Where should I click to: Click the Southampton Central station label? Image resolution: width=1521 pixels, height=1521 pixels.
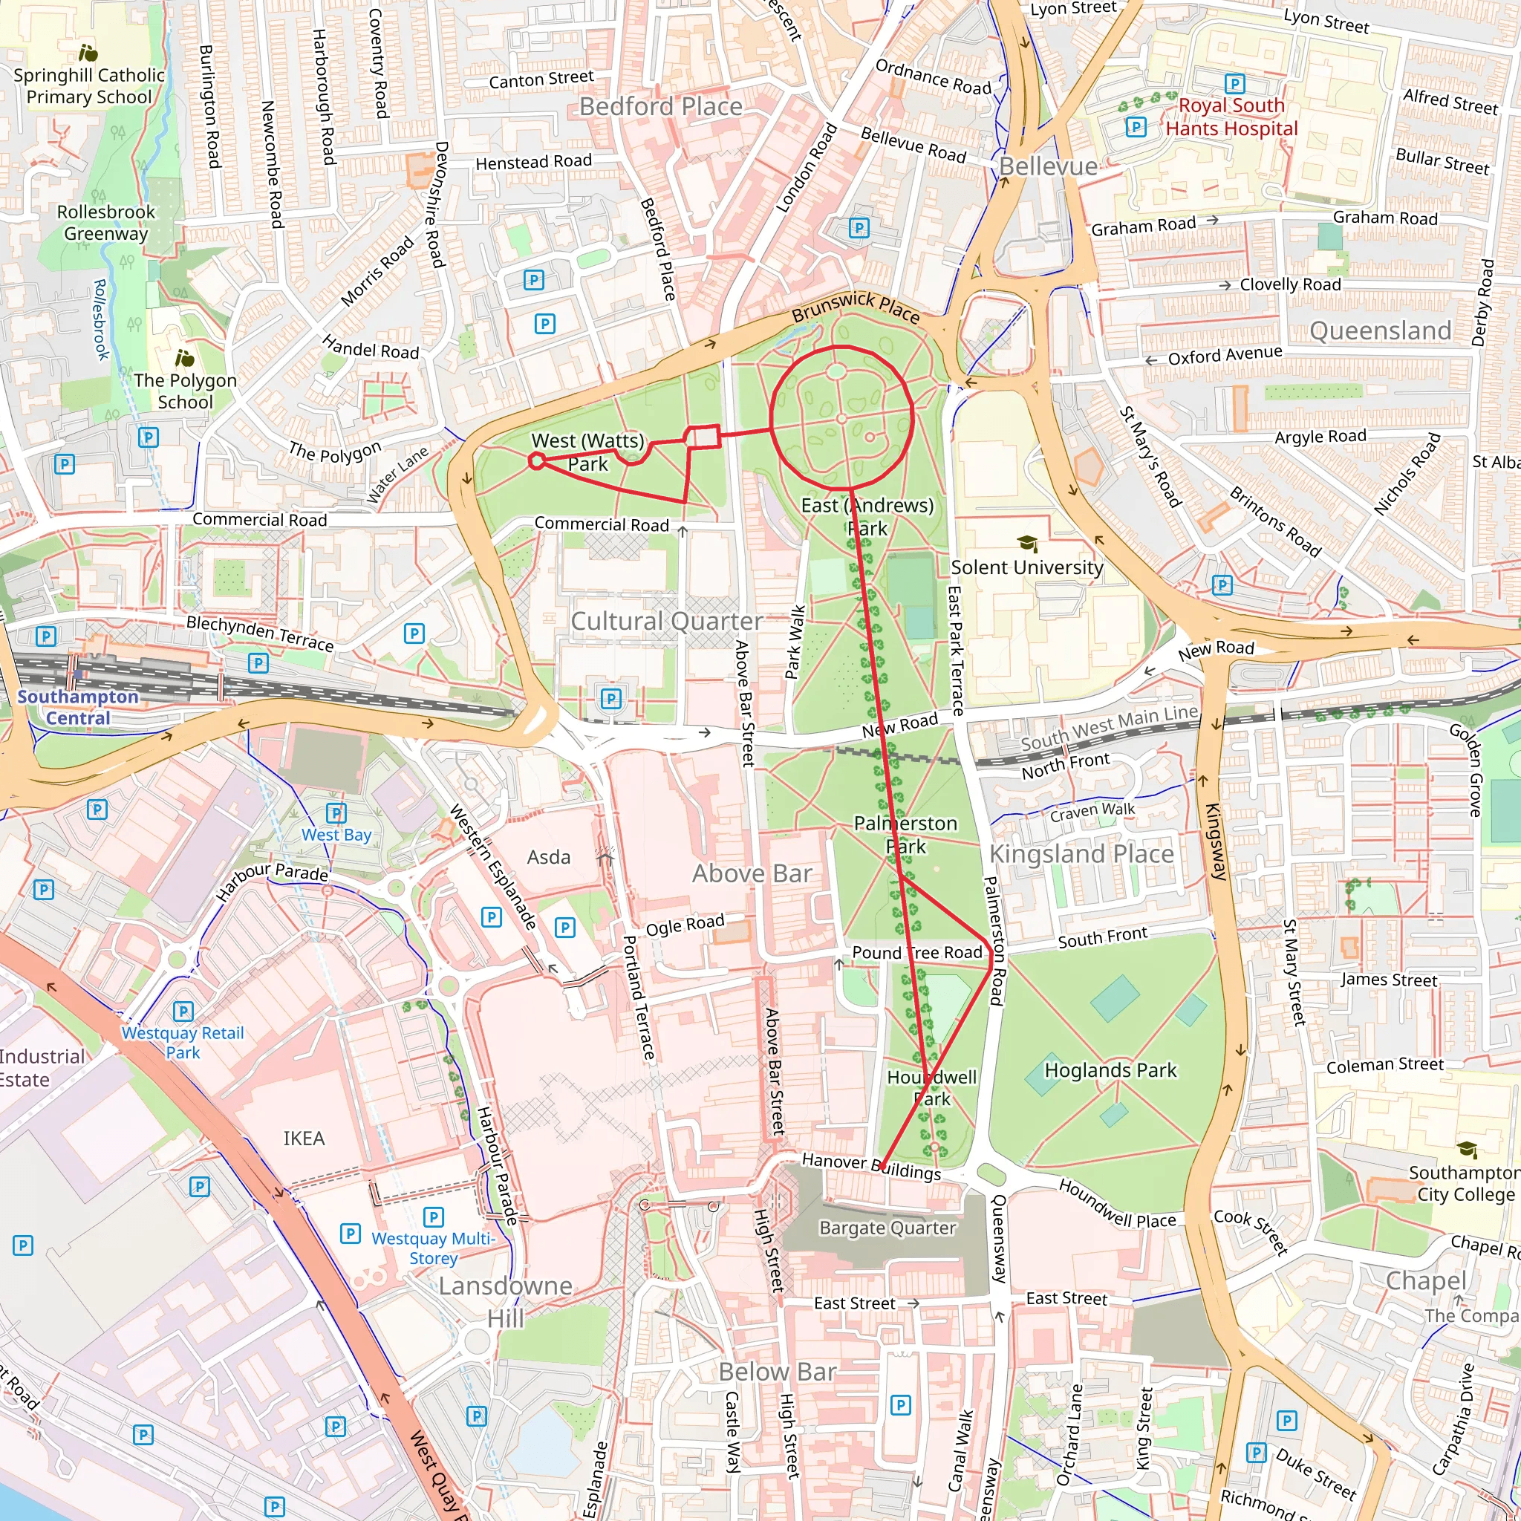pos(77,707)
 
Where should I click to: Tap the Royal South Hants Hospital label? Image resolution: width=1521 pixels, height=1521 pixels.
pos(1231,117)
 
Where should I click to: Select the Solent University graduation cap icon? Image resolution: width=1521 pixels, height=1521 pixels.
pos(1026,543)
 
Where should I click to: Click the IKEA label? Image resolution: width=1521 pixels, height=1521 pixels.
pos(304,1139)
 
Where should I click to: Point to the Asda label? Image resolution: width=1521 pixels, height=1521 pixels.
pos(549,857)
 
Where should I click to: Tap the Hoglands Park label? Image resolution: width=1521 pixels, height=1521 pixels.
pos(1110,1070)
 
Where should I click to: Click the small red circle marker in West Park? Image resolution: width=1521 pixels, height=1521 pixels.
pos(537,461)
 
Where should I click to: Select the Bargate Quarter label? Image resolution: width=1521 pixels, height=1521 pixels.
pos(887,1228)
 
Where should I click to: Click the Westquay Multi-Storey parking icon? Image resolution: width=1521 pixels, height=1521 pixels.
pos(433,1217)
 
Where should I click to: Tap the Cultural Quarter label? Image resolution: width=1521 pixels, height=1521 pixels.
pos(666,621)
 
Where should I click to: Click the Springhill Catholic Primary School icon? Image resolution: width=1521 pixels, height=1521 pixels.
pos(89,53)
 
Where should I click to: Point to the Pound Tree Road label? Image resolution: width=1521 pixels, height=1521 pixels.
pos(917,953)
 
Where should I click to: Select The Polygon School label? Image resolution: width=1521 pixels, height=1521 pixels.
pos(185,391)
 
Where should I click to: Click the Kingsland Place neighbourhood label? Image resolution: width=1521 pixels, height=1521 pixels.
pos(1081,854)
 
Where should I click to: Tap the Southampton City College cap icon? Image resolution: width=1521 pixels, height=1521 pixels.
pos(1466,1150)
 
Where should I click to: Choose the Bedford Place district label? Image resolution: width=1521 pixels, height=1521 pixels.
pos(660,106)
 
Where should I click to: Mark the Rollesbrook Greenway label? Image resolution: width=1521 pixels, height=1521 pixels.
pos(105,223)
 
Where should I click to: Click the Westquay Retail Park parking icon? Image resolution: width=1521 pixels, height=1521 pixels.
pos(183,1011)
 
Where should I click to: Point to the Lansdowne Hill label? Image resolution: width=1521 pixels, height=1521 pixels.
pos(506,1301)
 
